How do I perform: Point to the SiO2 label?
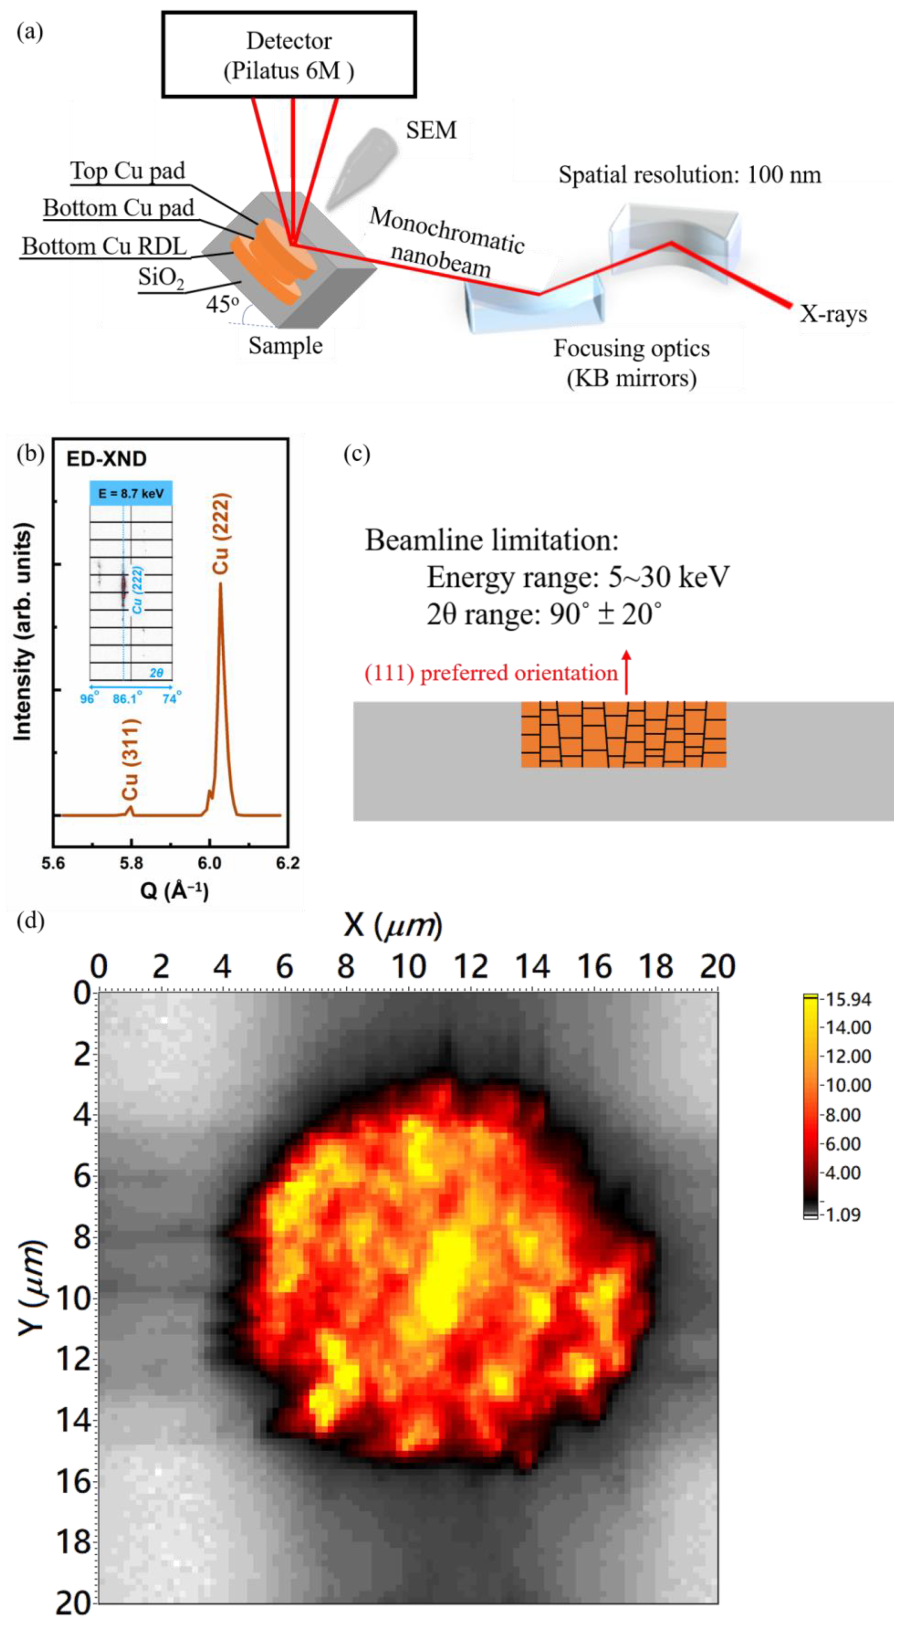tap(161, 278)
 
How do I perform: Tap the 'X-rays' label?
tap(833, 314)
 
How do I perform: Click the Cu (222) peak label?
tap(221, 534)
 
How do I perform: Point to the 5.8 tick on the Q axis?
tap(131, 863)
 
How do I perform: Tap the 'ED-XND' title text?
tap(106, 459)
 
